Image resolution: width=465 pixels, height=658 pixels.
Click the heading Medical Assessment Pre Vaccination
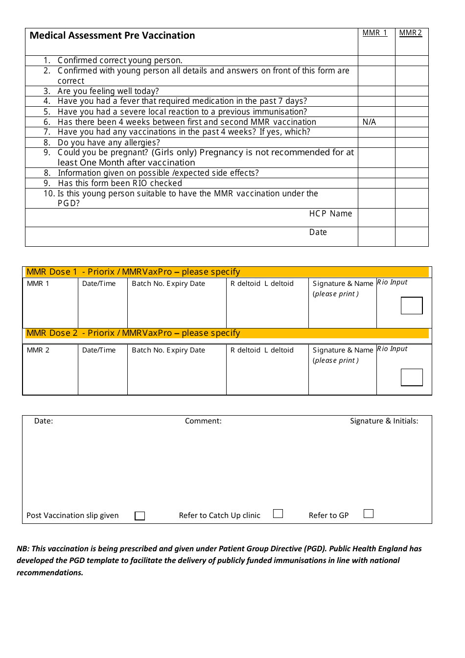point(112,35)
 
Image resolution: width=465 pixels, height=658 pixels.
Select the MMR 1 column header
point(375,33)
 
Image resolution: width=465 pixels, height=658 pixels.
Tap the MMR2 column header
point(410,33)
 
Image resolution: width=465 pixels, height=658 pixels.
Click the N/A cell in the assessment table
point(370,122)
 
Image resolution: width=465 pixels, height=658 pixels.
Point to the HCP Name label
point(330,213)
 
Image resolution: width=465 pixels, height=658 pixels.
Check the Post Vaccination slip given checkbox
point(140,516)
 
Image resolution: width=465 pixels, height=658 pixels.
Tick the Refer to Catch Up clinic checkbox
point(278,514)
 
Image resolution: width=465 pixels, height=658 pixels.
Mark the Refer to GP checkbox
point(369,514)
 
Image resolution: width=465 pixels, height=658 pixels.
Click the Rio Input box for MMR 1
point(412,305)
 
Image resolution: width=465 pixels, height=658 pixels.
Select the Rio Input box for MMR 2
point(412,377)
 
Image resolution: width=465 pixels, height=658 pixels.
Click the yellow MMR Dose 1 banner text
point(133,272)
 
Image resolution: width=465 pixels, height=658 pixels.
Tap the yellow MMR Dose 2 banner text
point(133,333)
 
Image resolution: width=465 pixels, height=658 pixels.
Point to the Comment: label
point(203,421)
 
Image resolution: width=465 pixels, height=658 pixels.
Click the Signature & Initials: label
point(384,421)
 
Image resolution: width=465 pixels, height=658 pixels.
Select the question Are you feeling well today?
point(108,91)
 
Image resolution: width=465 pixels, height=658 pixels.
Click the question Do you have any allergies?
point(109,142)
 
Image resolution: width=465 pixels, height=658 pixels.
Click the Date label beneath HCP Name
point(318,232)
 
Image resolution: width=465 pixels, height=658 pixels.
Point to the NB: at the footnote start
point(23,549)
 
